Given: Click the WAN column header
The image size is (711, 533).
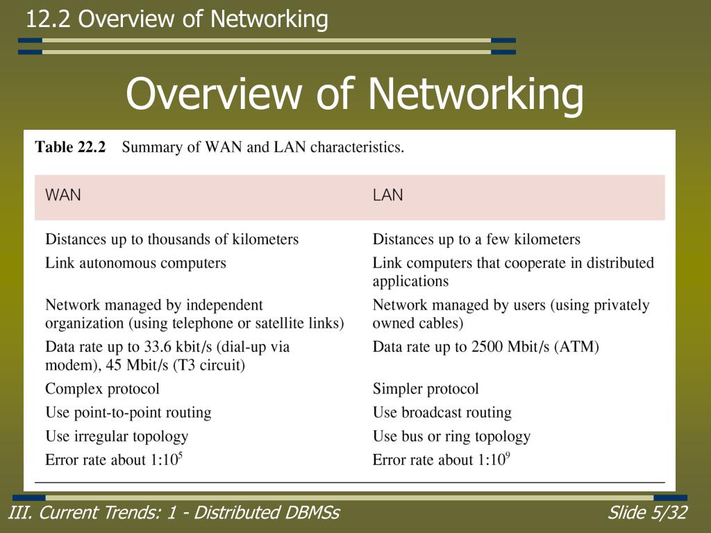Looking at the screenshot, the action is click(x=63, y=195).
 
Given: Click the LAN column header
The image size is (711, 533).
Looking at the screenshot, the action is click(x=387, y=195).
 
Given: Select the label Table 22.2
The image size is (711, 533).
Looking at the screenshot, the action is click(x=70, y=147).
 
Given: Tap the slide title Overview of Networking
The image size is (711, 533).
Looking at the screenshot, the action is click(x=354, y=94).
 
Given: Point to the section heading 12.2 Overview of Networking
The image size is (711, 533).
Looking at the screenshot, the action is click(x=177, y=19).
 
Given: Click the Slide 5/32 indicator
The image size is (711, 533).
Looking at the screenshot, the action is click(x=647, y=513).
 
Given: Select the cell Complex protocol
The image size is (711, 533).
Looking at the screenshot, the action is click(x=102, y=389).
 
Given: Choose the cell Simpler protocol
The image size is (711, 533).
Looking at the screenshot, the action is click(x=426, y=389).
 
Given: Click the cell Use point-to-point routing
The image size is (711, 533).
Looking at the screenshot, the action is click(x=128, y=412).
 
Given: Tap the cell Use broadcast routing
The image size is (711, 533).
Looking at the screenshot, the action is click(x=442, y=412).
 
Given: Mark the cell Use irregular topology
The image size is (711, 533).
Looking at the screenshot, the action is click(x=117, y=437).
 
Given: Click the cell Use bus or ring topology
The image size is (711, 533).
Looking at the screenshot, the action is click(x=451, y=437).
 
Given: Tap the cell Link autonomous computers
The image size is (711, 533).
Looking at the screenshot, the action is click(x=135, y=263).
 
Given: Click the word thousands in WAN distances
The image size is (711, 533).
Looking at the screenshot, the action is click(x=178, y=239).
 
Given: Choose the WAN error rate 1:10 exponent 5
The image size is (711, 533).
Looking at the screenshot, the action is click(x=170, y=459).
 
